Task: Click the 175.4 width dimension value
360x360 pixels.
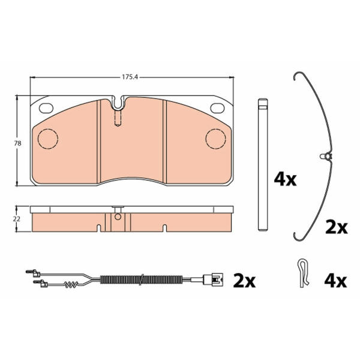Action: click(130, 77)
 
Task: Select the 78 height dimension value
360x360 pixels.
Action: click(17, 143)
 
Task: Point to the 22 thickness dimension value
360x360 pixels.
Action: click(17, 219)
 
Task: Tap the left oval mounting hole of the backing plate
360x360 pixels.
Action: click(46, 108)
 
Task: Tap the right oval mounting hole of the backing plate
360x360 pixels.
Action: click(217, 108)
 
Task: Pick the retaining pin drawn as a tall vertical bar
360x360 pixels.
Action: click(263, 164)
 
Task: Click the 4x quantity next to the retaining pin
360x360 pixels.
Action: click(285, 179)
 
